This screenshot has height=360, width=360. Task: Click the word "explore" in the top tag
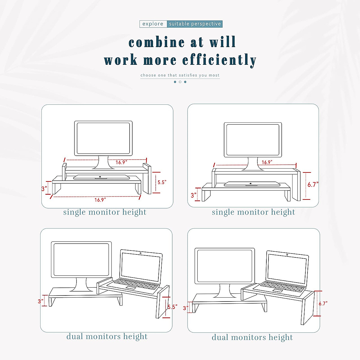pos(153,24)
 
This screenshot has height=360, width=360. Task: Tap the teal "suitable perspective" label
pos(195,24)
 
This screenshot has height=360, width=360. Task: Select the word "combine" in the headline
pos(157,42)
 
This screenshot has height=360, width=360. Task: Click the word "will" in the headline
pos(223,42)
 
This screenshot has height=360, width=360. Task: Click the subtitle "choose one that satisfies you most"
pos(180,75)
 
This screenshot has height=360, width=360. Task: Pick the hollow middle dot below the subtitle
pos(180,82)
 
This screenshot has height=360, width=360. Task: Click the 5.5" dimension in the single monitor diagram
pos(162,182)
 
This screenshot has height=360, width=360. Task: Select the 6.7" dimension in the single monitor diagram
pos(313,185)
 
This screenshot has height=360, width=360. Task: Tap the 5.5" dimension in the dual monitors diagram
pos(172,307)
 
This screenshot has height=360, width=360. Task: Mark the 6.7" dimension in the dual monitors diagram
pos(323,304)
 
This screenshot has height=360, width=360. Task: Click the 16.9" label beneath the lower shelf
pos(100,200)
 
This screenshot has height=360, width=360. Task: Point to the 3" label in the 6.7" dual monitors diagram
pos(186,308)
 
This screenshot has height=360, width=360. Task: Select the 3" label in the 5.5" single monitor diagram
pos(44,189)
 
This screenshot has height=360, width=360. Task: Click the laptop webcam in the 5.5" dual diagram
pos(141,253)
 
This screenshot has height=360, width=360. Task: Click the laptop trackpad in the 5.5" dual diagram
pos(130,288)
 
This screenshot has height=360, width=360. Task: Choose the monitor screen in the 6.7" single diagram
pos(253,139)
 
